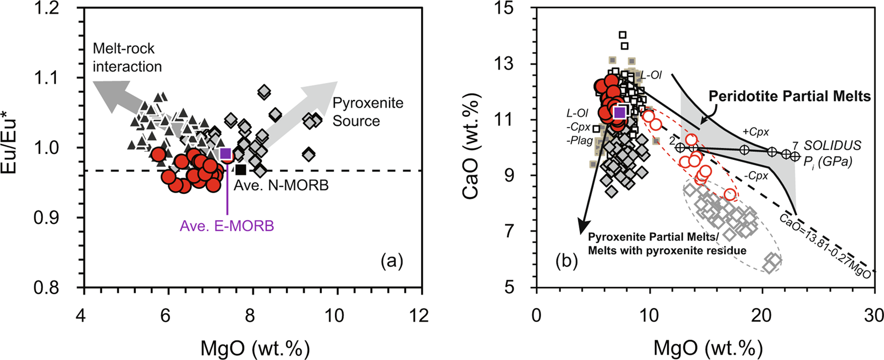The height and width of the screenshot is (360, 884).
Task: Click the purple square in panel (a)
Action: coord(226,153)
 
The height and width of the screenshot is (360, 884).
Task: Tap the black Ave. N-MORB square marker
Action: coord(241,170)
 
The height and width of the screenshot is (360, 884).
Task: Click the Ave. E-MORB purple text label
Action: coord(227,226)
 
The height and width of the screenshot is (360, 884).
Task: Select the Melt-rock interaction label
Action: coord(127,58)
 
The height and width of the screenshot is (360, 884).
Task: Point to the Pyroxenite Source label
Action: coord(367,111)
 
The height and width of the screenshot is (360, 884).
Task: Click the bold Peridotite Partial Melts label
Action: coord(789,96)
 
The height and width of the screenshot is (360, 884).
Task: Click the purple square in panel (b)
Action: coord(620,112)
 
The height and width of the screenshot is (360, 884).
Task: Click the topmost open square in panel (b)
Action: coord(622,34)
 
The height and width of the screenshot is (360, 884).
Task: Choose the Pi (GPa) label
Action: coord(828,161)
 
